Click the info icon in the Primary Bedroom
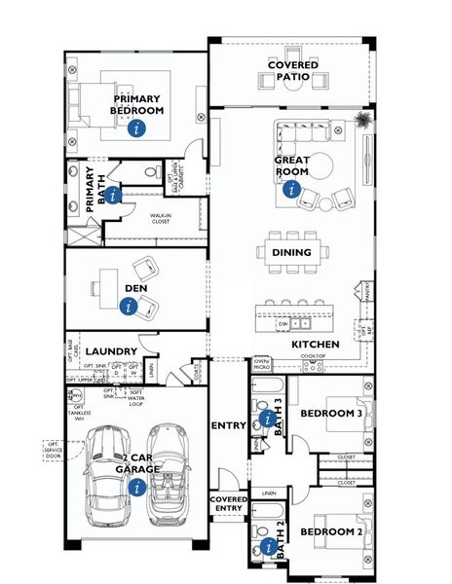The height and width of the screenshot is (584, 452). pos(137,128)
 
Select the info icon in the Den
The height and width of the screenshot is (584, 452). pos(128,306)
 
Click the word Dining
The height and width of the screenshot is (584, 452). pos(291,253)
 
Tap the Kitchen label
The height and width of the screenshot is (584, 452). pos(316,345)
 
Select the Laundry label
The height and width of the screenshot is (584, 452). pos(108,351)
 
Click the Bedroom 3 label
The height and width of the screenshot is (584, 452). pos(330,415)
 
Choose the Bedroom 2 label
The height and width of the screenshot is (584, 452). pos(330,532)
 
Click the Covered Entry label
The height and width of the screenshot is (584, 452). pos(229,503)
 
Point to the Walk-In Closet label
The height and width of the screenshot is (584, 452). pos(160,219)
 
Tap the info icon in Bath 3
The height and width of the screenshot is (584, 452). pos(267,420)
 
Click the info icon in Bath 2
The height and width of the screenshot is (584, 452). pos(266,548)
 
